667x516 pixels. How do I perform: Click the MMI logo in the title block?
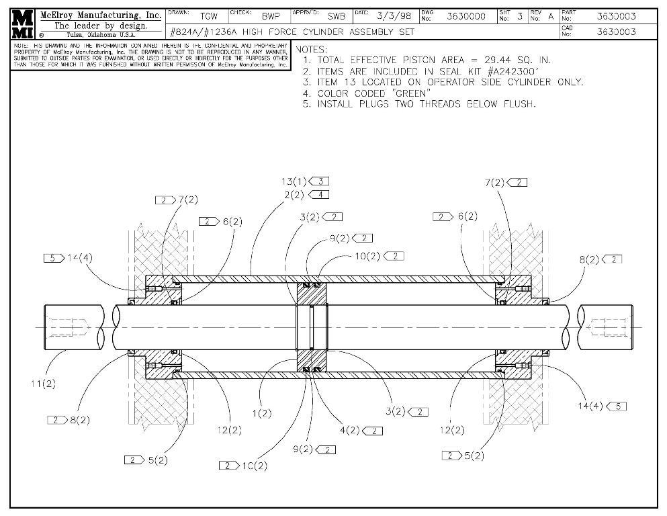pos(23,24)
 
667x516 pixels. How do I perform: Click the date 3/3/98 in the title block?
pos(394,16)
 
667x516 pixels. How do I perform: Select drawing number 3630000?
pos(466,16)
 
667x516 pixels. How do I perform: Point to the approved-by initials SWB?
pos(337,16)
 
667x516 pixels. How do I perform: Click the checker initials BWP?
pos(271,16)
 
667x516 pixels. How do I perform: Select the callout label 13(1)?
pos(294,181)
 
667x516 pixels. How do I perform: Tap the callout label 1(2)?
pos(262,413)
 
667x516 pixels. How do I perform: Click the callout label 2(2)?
pos(294,195)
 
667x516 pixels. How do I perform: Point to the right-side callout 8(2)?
pos(589,259)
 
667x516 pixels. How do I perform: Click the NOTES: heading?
pos(312,50)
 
